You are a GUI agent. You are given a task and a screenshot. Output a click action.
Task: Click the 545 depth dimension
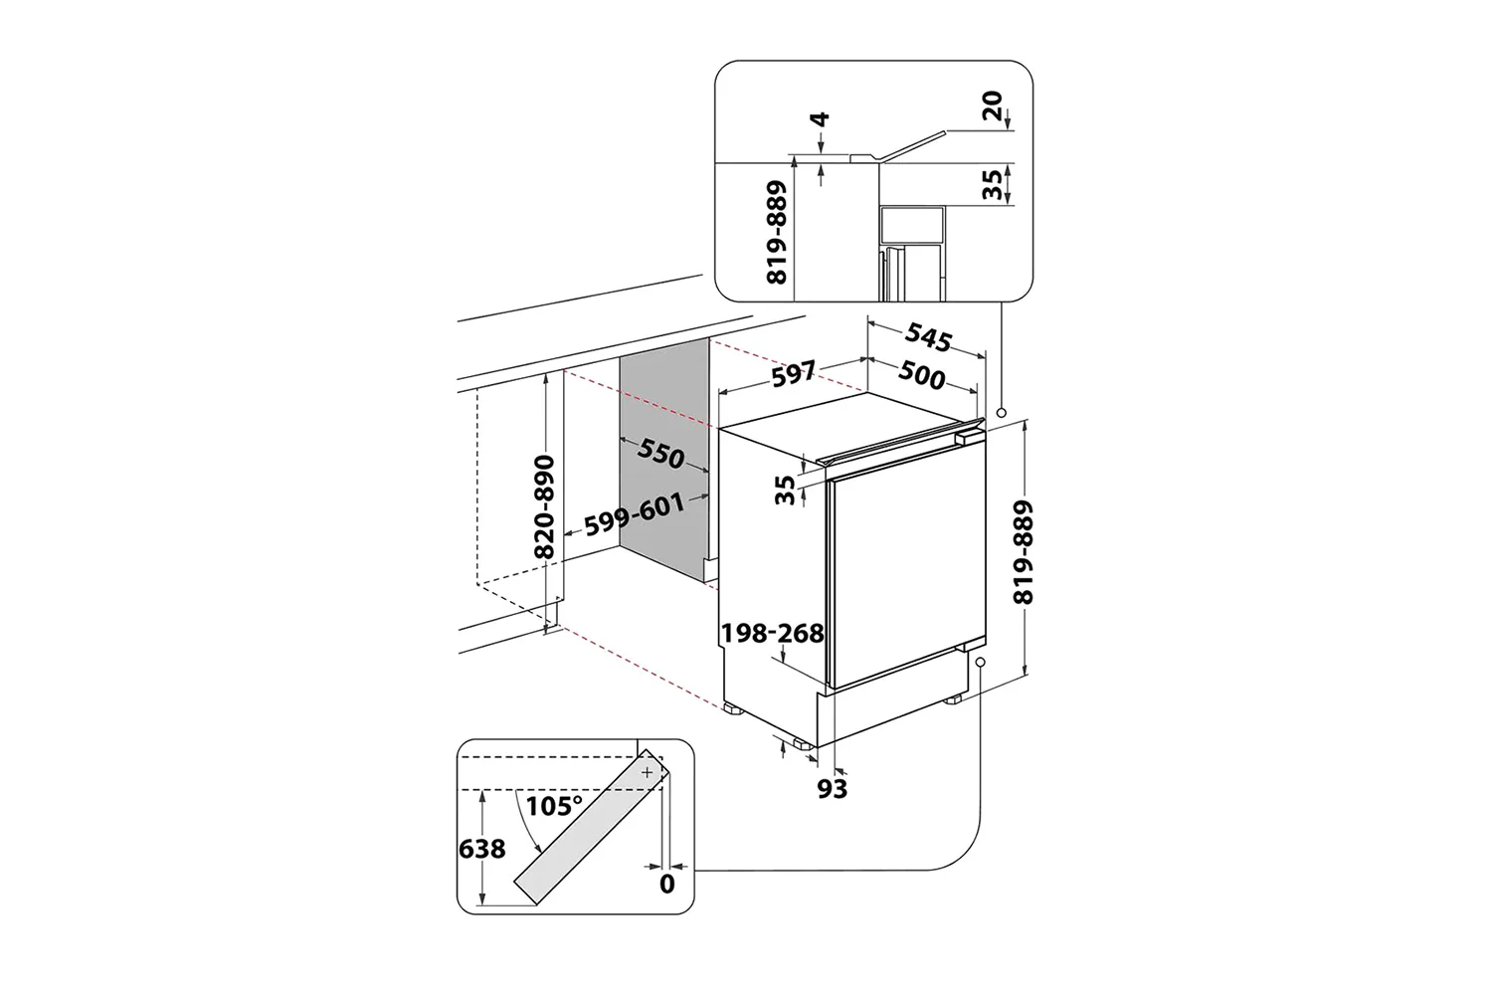pos(928,338)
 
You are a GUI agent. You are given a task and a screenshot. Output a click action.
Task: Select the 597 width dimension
pos(794,374)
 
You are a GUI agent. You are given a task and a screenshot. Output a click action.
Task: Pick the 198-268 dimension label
pos(773,633)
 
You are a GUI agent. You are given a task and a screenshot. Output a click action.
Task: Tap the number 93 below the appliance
pos(832,789)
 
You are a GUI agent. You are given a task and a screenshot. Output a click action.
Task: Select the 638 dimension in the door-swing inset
pos(481,849)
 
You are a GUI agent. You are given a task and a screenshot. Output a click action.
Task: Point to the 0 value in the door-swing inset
pos(666,884)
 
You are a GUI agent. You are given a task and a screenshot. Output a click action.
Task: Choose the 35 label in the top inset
pos(992,184)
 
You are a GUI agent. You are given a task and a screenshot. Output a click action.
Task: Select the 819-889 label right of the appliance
pos(1024,552)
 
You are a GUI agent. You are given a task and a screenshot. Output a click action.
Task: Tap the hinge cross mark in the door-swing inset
pos(648,772)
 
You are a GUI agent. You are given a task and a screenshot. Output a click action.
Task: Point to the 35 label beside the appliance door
pos(786,489)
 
